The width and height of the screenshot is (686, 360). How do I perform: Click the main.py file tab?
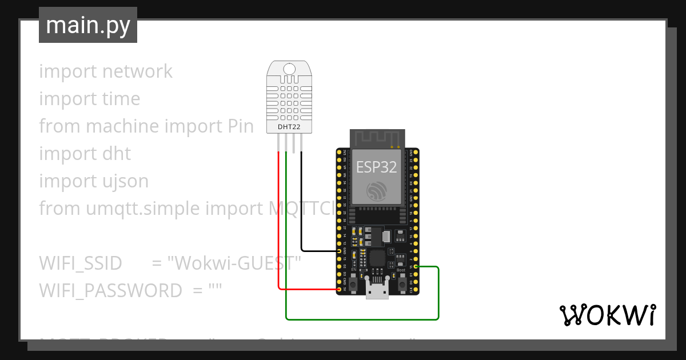[x=87, y=25]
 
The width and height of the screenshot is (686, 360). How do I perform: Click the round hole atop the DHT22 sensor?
[x=289, y=70]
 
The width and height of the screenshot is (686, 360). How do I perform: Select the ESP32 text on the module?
[x=377, y=166]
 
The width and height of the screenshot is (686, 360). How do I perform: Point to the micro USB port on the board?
[x=377, y=291]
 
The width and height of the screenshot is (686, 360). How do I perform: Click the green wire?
[x=360, y=319]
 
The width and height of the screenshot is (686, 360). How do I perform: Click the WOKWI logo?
[x=608, y=315]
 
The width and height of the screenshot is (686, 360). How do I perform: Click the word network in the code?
[x=137, y=71]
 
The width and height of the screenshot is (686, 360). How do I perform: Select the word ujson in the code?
[x=124, y=181]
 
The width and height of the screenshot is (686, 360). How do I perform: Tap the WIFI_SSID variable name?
[x=81, y=263]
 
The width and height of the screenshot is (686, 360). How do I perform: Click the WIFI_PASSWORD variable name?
[x=110, y=291]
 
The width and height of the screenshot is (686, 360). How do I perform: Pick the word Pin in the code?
[x=237, y=126]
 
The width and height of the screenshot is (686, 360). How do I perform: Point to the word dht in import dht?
[x=117, y=154]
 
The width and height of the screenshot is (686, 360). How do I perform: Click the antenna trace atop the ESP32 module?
[x=377, y=138]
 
